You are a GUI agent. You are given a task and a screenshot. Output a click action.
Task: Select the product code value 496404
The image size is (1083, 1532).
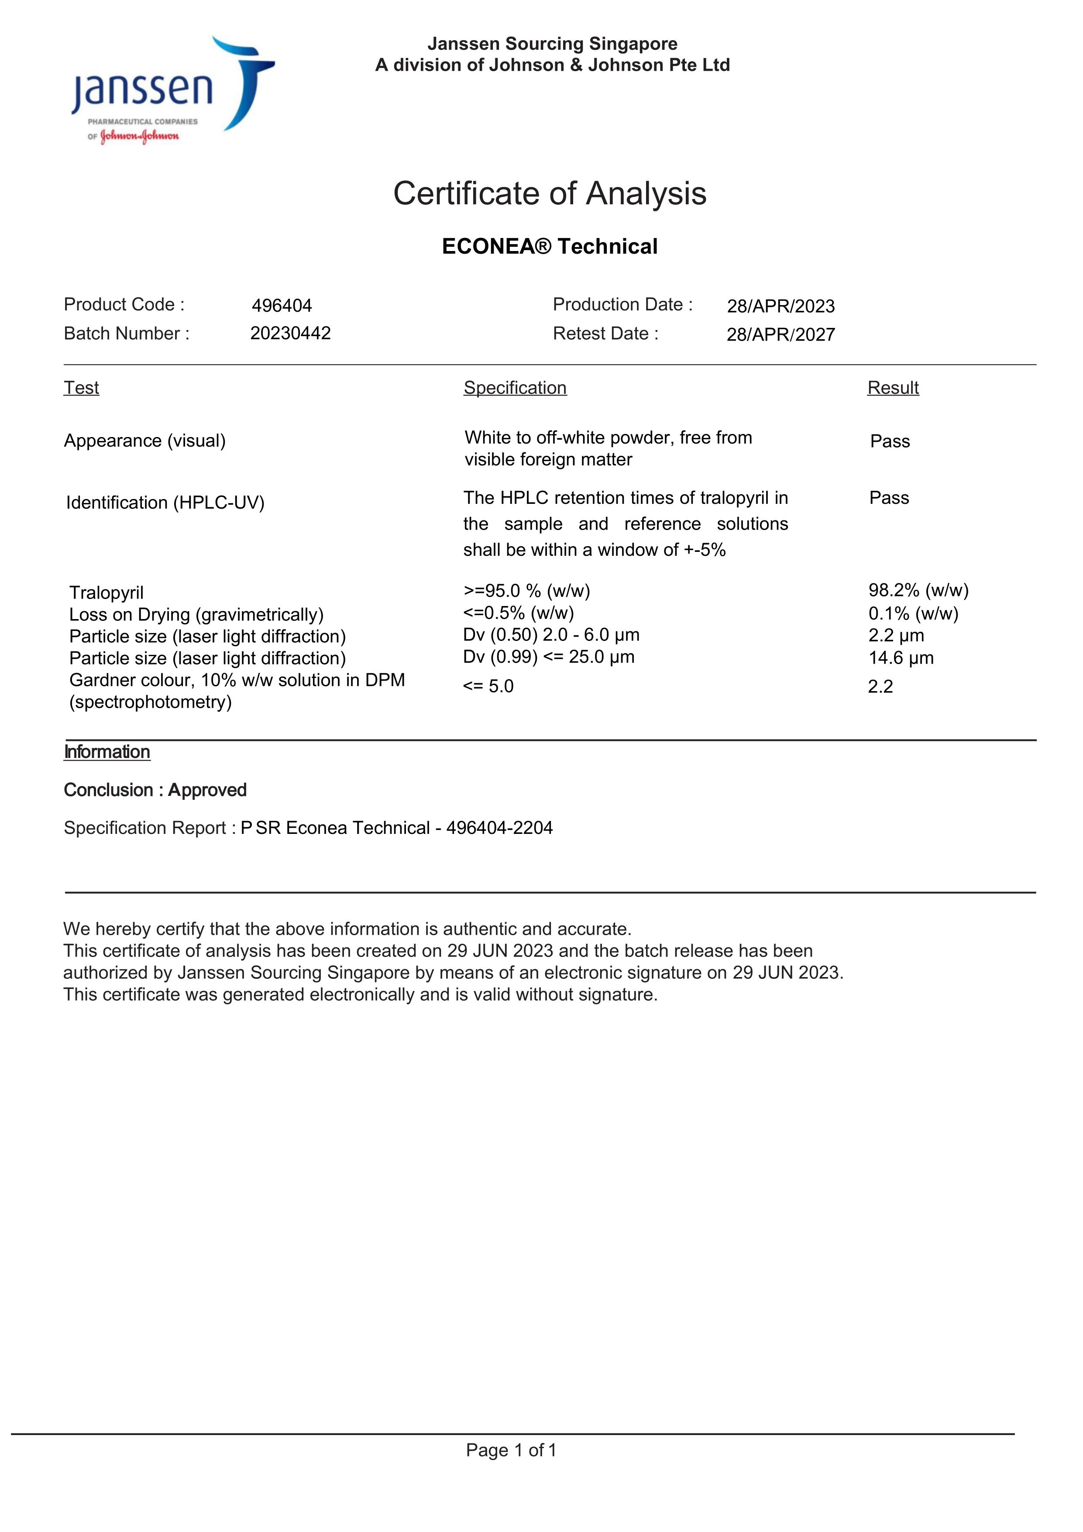282,306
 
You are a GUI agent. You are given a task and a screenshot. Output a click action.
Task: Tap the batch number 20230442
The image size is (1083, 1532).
290,333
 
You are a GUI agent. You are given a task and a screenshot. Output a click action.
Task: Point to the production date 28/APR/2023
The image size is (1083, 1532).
781,306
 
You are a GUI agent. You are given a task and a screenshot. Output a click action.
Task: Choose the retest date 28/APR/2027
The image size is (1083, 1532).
781,334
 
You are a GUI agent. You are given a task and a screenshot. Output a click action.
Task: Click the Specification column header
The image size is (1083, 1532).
515,388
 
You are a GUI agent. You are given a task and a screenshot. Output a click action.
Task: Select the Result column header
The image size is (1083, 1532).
893,388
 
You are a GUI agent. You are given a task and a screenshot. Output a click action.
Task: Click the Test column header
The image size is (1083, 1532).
81,388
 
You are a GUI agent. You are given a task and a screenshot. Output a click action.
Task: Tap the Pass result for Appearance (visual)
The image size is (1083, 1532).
890,441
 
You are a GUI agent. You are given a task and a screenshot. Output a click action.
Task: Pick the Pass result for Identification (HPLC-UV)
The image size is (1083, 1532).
889,498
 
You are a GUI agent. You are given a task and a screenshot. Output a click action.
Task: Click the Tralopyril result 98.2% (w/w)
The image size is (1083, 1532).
918,590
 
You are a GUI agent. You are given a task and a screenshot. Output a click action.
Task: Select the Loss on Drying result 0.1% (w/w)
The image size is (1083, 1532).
913,613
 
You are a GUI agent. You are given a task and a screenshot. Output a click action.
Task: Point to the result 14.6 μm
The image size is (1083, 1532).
901,658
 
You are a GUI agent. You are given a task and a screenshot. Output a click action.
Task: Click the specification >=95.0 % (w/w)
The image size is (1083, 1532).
526,591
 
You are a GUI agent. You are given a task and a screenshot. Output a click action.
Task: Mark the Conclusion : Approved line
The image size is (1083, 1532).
155,790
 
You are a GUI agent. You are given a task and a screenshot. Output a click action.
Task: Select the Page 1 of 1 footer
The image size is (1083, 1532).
511,1450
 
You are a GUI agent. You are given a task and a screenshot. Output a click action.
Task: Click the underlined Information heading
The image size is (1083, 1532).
107,752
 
